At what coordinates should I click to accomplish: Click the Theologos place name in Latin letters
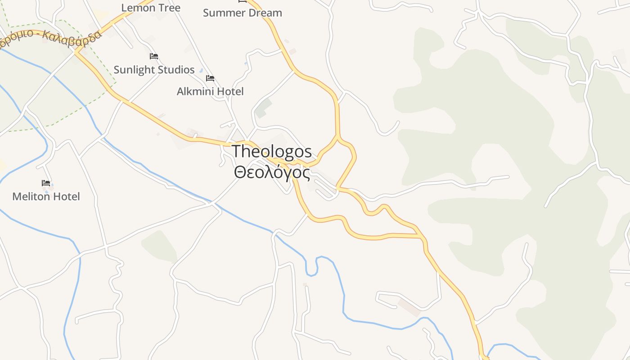tap(271, 152)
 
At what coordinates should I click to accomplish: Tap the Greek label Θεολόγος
tap(272, 172)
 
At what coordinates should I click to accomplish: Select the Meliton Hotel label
tap(46, 197)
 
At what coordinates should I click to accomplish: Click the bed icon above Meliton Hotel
tap(46, 183)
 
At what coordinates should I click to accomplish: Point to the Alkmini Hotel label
tap(210, 92)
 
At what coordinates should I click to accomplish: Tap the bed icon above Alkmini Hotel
tap(210, 78)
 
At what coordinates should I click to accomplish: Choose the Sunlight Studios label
tap(154, 70)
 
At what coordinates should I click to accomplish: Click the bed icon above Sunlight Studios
tap(154, 56)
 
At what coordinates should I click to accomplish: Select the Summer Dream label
tap(242, 13)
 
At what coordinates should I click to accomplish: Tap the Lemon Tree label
tap(151, 8)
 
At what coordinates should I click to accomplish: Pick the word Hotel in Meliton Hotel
tap(66, 197)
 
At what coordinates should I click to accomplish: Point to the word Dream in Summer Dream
tap(265, 13)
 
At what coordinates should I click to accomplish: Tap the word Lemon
tap(138, 8)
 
